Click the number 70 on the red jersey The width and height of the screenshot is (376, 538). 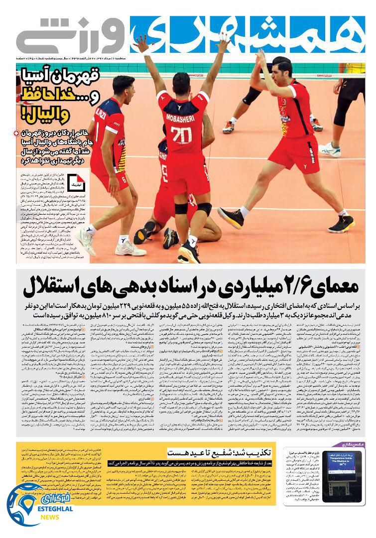click(181, 135)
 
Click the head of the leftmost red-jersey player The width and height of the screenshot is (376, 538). click(123, 86)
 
